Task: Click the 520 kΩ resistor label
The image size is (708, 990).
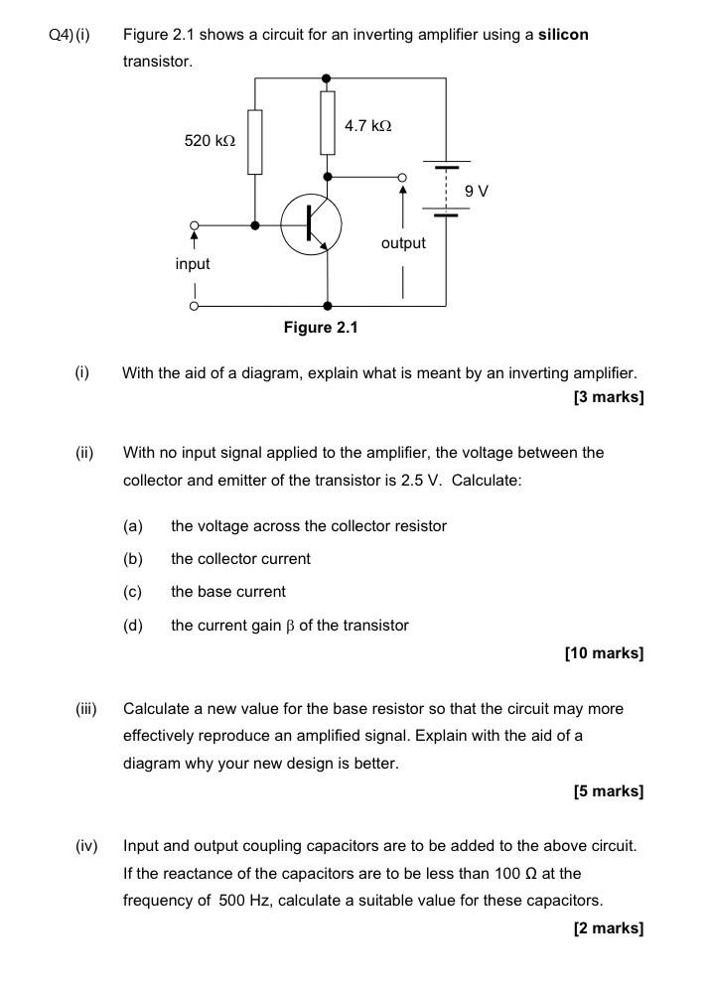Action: [x=210, y=141]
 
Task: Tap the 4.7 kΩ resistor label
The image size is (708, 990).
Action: [x=367, y=126]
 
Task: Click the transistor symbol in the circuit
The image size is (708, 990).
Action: [x=311, y=224]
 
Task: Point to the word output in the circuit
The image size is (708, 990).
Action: [x=402, y=243]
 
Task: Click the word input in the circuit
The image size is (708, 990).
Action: [x=193, y=264]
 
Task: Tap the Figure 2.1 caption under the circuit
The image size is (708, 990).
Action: [x=321, y=328]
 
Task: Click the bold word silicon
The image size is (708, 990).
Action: [x=563, y=35]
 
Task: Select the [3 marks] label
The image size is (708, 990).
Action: [x=609, y=397]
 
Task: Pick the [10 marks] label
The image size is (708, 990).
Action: [x=604, y=653]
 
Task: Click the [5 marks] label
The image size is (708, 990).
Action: [x=609, y=791]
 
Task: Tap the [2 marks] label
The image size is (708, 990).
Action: [x=609, y=928]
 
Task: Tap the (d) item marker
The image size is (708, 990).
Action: [x=133, y=626]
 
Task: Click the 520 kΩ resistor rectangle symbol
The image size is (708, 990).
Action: [x=255, y=141]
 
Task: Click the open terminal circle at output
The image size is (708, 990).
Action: [x=402, y=179]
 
